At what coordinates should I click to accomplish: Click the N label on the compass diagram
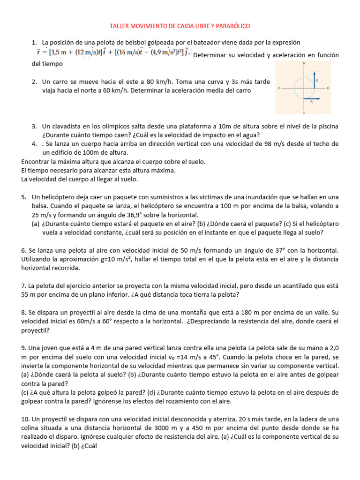(304, 63)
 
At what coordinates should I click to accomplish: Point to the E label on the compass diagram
(328, 88)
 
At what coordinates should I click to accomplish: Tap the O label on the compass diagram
(279, 88)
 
